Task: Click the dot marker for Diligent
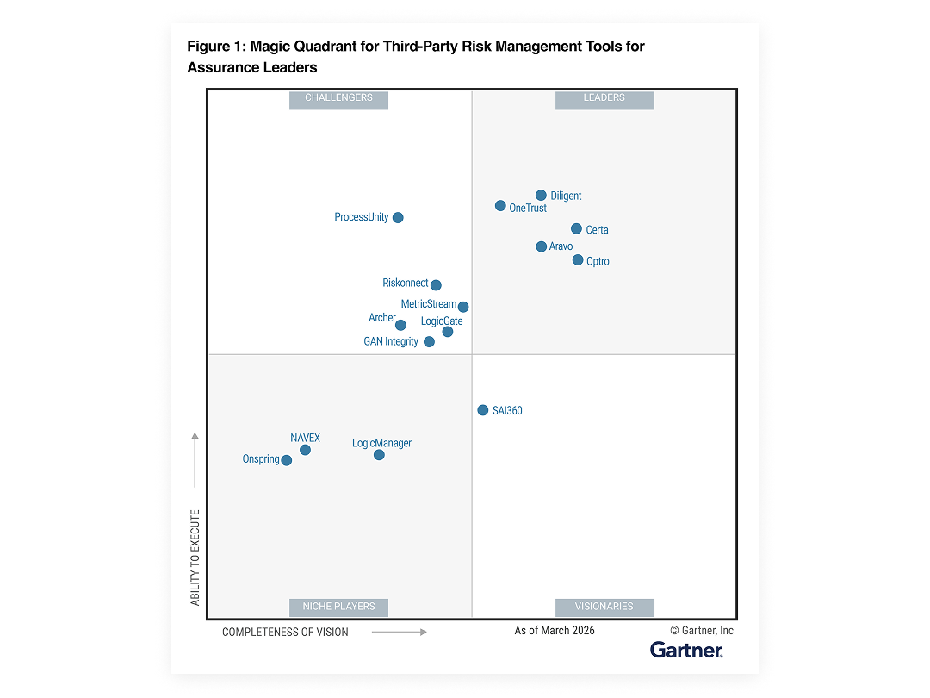pyautogui.click(x=541, y=196)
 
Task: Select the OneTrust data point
pyautogui.click(x=500, y=206)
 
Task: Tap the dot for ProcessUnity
pyautogui.click(x=398, y=218)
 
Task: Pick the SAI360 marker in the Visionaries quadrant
pyautogui.click(x=483, y=410)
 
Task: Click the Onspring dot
pyautogui.click(x=287, y=460)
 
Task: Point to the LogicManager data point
pyautogui.click(x=379, y=455)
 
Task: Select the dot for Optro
pyautogui.click(x=578, y=260)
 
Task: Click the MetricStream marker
pyautogui.click(x=463, y=307)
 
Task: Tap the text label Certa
pyautogui.click(x=597, y=230)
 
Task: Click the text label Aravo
pyautogui.click(x=561, y=247)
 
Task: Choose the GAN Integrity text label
pyautogui.click(x=391, y=342)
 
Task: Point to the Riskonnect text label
pyautogui.click(x=405, y=284)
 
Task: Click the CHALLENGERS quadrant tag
pyautogui.click(x=339, y=98)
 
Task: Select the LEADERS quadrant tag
pyautogui.click(x=604, y=98)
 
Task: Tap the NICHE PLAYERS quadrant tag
pyautogui.click(x=339, y=607)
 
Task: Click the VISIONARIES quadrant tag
pyautogui.click(x=604, y=607)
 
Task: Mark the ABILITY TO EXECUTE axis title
pyautogui.click(x=195, y=558)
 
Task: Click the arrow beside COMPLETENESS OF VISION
pyautogui.click(x=400, y=632)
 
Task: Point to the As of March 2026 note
pyautogui.click(x=555, y=631)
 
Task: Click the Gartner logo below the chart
pyautogui.click(x=686, y=650)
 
